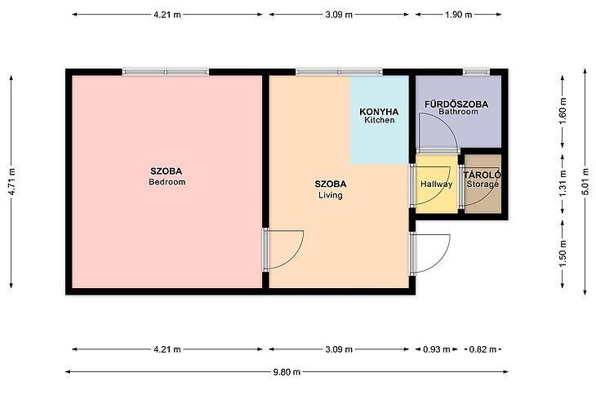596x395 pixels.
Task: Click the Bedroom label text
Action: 167,182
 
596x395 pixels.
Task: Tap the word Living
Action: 331,195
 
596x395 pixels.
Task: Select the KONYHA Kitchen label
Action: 379,116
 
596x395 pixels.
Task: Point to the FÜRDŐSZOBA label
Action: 456,104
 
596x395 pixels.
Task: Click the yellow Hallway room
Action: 436,184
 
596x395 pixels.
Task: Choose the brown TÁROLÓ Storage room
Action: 483,184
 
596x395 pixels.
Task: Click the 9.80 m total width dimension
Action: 287,372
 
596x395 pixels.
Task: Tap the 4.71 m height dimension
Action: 11,181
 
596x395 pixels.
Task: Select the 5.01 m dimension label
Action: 585,181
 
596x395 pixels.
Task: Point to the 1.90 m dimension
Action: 458,15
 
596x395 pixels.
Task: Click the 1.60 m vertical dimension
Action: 563,111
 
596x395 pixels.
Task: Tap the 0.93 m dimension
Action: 436,349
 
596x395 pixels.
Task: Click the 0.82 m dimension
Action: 483,349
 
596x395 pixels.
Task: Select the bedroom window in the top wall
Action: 166,72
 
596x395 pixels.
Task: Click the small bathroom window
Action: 476,72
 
